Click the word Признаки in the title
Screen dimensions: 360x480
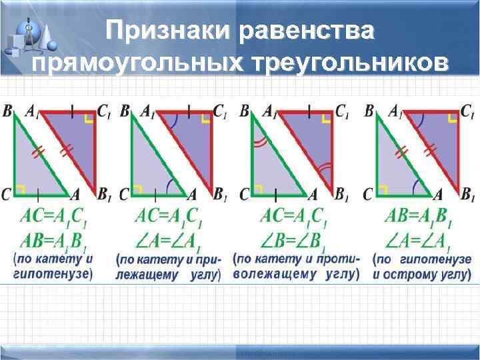(x=163, y=31)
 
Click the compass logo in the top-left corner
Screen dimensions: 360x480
(x=29, y=37)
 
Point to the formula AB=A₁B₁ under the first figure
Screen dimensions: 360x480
(x=53, y=240)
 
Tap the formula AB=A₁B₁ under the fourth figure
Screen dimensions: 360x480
(x=418, y=217)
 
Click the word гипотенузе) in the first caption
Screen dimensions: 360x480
(x=53, y=273)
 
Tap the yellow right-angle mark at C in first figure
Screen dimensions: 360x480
(x=21, y=191)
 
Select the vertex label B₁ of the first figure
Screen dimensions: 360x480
(x=104, y=195)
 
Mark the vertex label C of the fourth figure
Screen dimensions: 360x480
(x=367, y=195)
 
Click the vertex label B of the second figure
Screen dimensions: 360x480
(x=125, y=111)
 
